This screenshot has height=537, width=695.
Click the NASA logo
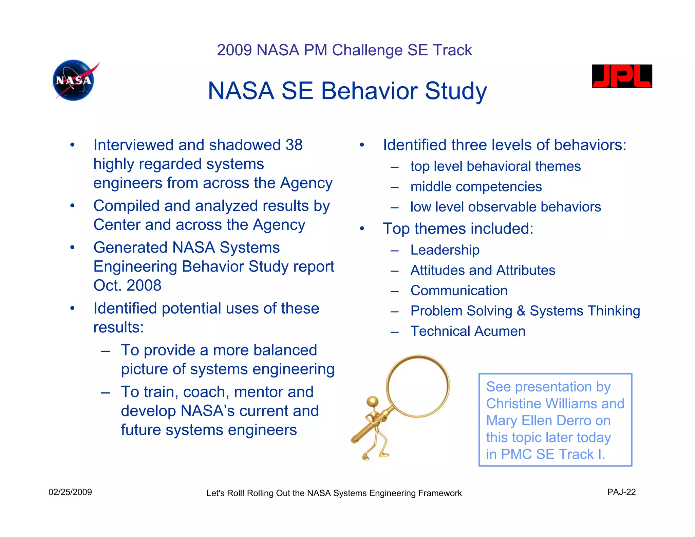tap(74, 81)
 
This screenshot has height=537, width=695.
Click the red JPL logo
tap(622, 76)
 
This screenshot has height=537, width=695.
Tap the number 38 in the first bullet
tap(294, 145)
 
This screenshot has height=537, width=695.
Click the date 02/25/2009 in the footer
tap(70, 492)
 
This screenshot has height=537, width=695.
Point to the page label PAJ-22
tap(621, 492)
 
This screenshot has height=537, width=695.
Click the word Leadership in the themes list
tap(445, 250)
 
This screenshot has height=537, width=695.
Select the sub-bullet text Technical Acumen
tap(468, 331)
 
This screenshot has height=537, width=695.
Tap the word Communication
tap(459, 291)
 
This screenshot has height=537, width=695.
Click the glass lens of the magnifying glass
tap(418, 385)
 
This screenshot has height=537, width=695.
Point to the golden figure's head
tap(373, 402)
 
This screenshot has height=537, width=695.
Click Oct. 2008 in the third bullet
tap(127, 285)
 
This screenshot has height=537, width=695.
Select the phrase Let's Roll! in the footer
tap(225, 493)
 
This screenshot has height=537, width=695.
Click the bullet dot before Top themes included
tap(362, 229)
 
